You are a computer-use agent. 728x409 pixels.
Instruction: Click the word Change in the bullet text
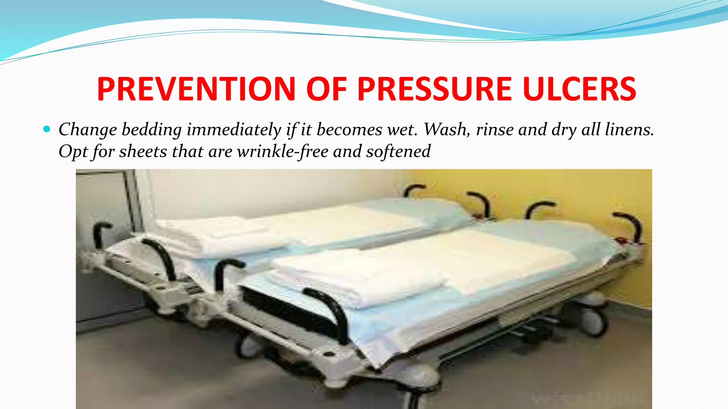click(x=87, y=130)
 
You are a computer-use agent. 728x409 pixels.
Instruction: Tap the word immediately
click(x=234, y=130)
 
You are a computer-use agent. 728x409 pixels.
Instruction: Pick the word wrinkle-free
click(x=283, y=152)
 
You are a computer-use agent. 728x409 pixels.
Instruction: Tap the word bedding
click(x=152, y=130)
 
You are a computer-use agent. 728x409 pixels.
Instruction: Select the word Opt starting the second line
click(x=72, y=152)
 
